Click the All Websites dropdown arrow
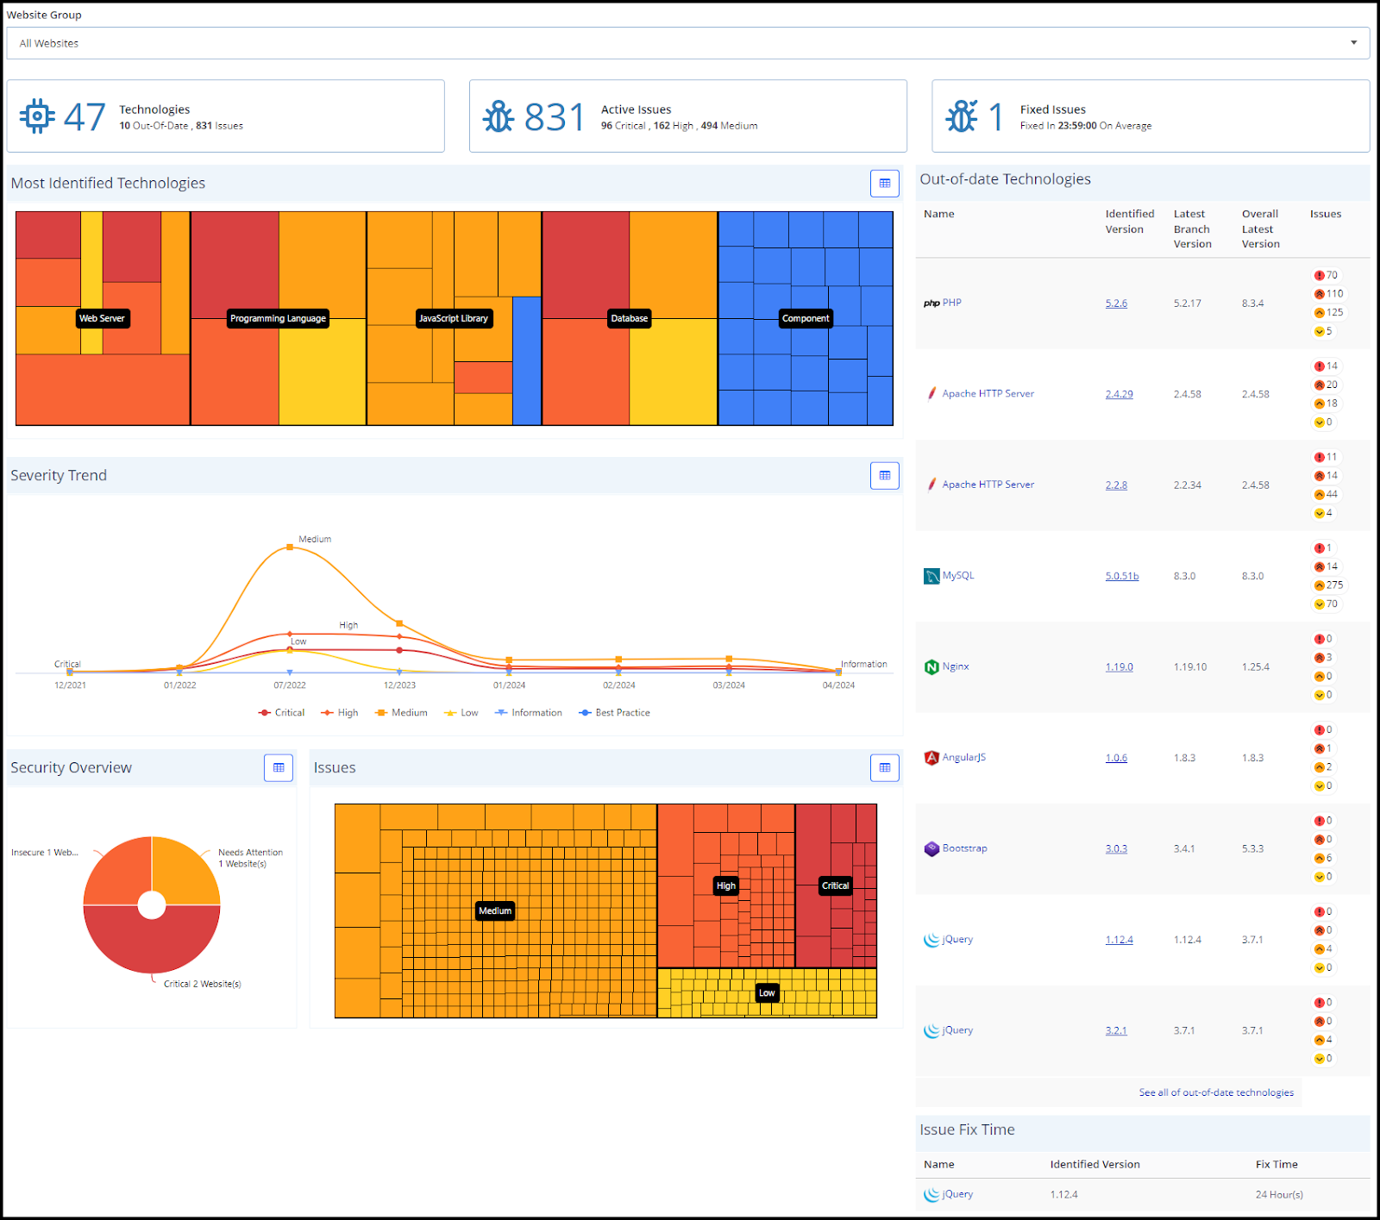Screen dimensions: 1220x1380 coord(1353,42)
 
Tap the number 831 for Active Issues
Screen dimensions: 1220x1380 coord(554,117)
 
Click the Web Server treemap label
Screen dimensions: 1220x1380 coord(102,318)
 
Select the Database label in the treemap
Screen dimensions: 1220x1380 coord(629,318)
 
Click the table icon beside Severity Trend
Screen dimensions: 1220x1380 coord(884,475)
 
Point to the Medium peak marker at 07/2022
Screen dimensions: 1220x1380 coord(290,547)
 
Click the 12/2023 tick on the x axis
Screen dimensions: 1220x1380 coord(399,685)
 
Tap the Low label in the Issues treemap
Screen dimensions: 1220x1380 coord(767,992)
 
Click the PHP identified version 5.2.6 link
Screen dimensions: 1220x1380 coord(1116,303)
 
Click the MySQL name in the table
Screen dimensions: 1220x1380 coord(957,575)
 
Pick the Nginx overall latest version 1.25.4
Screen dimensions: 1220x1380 coord(1255,666)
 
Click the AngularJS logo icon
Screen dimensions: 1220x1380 coord(931,758)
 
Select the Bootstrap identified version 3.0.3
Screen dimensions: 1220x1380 coord(1116,848)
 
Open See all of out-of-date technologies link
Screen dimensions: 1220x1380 coord(1215,1092)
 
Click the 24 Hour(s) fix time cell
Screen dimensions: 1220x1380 coord(1278,1194)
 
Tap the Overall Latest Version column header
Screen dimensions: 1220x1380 coord(1260,228)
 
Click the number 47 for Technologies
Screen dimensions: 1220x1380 coord(85,117)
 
